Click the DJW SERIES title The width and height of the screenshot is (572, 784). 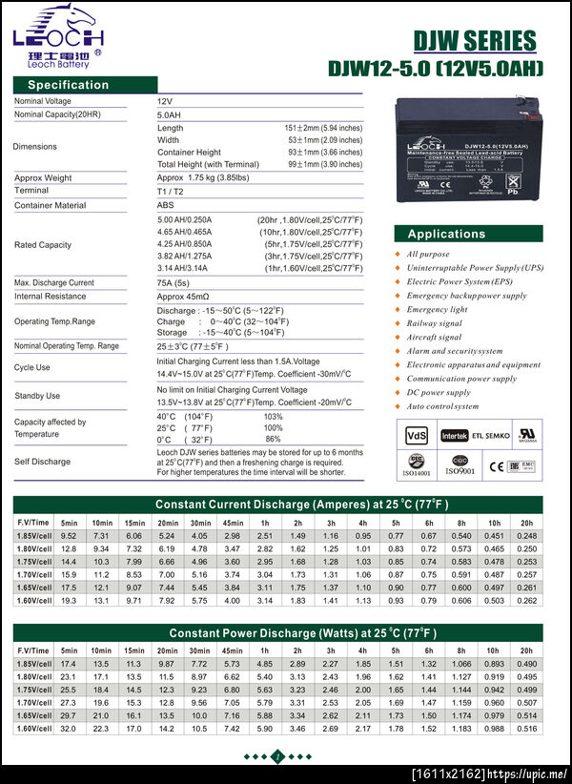(x=475, y=41)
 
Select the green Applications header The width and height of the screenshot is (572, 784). (x=446, y=234)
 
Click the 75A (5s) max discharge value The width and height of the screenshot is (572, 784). (x=174, y=283)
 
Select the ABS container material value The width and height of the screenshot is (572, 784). (x=165, y=205)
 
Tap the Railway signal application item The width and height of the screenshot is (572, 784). (x=435, y=323)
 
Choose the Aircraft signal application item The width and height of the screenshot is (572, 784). (x=434, y=338)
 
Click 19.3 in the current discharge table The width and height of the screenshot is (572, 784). (x=69, y=601)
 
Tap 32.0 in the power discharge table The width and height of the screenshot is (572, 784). (x=69, y=729)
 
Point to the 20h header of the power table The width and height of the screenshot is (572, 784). (x=526, y=650)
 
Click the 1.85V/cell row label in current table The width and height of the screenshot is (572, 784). (x=33, y=536)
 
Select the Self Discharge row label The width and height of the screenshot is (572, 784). (x=42, y=462)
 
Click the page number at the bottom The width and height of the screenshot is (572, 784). (x=276, y=756)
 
